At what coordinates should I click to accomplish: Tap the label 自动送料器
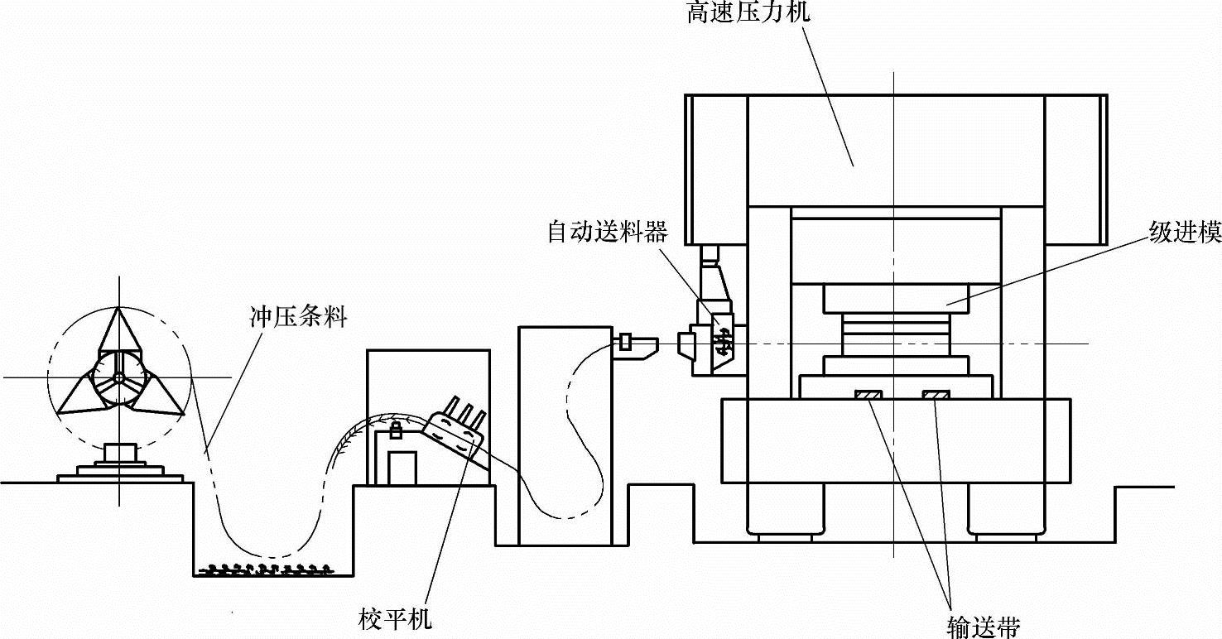pyautogui.click(x=607, y=232)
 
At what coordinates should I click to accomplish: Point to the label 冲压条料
pyautogui.click(x=298, y=316)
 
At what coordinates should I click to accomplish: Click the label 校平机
pyautogui.click(x=396, y=618)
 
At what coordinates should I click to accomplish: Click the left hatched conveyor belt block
pyautogui.click(x=868, y=397)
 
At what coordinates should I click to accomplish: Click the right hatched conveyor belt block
pyautogui.click(x=936, y=397)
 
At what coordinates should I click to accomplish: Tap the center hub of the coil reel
pyautogui.click(x=118, y=377)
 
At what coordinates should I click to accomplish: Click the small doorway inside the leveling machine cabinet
pyautogui.click(x=402, y=468)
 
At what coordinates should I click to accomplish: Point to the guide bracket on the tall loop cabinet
pyautogui.click(x=634, y=344)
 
